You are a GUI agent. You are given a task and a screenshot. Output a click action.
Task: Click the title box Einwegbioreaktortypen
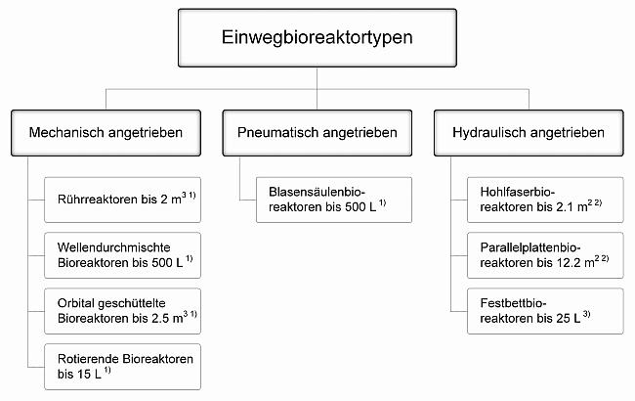(x=317, y=38)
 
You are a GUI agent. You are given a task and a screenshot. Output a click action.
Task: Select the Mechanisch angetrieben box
(x=106, y=133)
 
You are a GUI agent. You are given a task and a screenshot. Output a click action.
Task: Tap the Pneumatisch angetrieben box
(x=317, y=133)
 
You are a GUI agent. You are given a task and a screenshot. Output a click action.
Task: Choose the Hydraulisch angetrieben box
(x=529, y=133)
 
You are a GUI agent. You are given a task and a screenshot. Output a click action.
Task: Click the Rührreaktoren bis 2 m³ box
(x=122, y=200)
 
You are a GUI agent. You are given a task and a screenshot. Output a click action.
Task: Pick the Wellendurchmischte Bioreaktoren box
(x=122, y=255)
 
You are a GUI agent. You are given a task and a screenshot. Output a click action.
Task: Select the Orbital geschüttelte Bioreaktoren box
(x=122, y=311)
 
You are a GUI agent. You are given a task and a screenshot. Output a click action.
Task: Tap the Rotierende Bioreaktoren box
(x=122, y=367)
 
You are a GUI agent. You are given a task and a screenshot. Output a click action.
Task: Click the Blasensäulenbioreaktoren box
(x=334, y=200)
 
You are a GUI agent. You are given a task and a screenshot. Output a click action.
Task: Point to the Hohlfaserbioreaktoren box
(x=545, y=200)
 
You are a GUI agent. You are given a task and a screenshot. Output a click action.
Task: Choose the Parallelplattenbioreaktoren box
(x=545, y=255)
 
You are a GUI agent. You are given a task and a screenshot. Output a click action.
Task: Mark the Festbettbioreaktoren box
(x=545, y=311)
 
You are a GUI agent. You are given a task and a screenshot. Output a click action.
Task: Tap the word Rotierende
(x=88, y=359)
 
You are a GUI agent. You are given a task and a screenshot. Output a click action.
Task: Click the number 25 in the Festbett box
(x=564, y=318)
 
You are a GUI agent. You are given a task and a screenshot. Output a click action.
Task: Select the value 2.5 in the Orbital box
(x=160, y=318)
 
